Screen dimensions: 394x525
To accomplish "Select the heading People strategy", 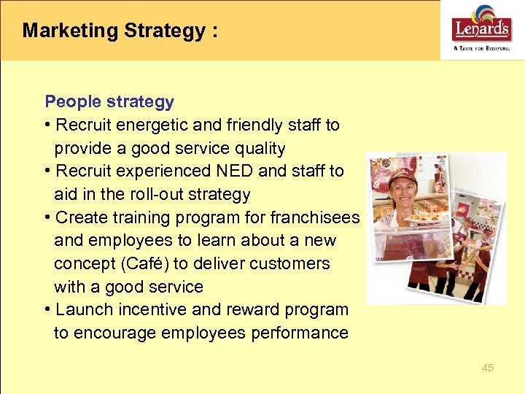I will click(x=109, y=101).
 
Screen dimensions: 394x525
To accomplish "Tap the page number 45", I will click(x=487, y=368).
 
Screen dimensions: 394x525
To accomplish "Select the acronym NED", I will click(x=234, y=171).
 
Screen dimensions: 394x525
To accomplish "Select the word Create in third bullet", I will click(x=80, y=217).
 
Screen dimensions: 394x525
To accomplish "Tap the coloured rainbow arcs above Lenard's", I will click(x=483, y=14).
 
